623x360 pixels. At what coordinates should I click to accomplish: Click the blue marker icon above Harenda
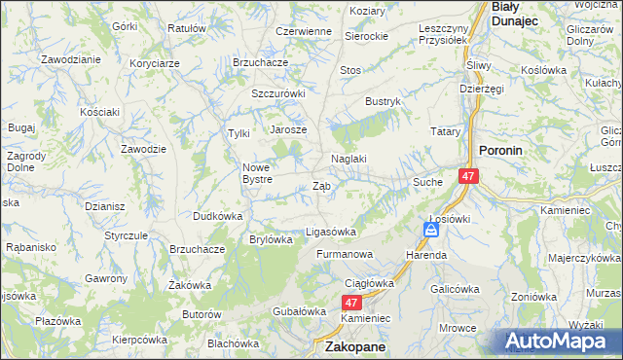[430, 230]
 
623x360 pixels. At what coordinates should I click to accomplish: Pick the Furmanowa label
[345, 255]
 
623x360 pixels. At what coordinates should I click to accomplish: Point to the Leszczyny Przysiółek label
[444, 34]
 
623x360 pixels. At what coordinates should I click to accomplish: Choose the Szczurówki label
[278, 93]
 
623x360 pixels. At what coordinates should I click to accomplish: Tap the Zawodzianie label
[71, 58]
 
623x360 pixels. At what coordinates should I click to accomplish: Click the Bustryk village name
[384, 101]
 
